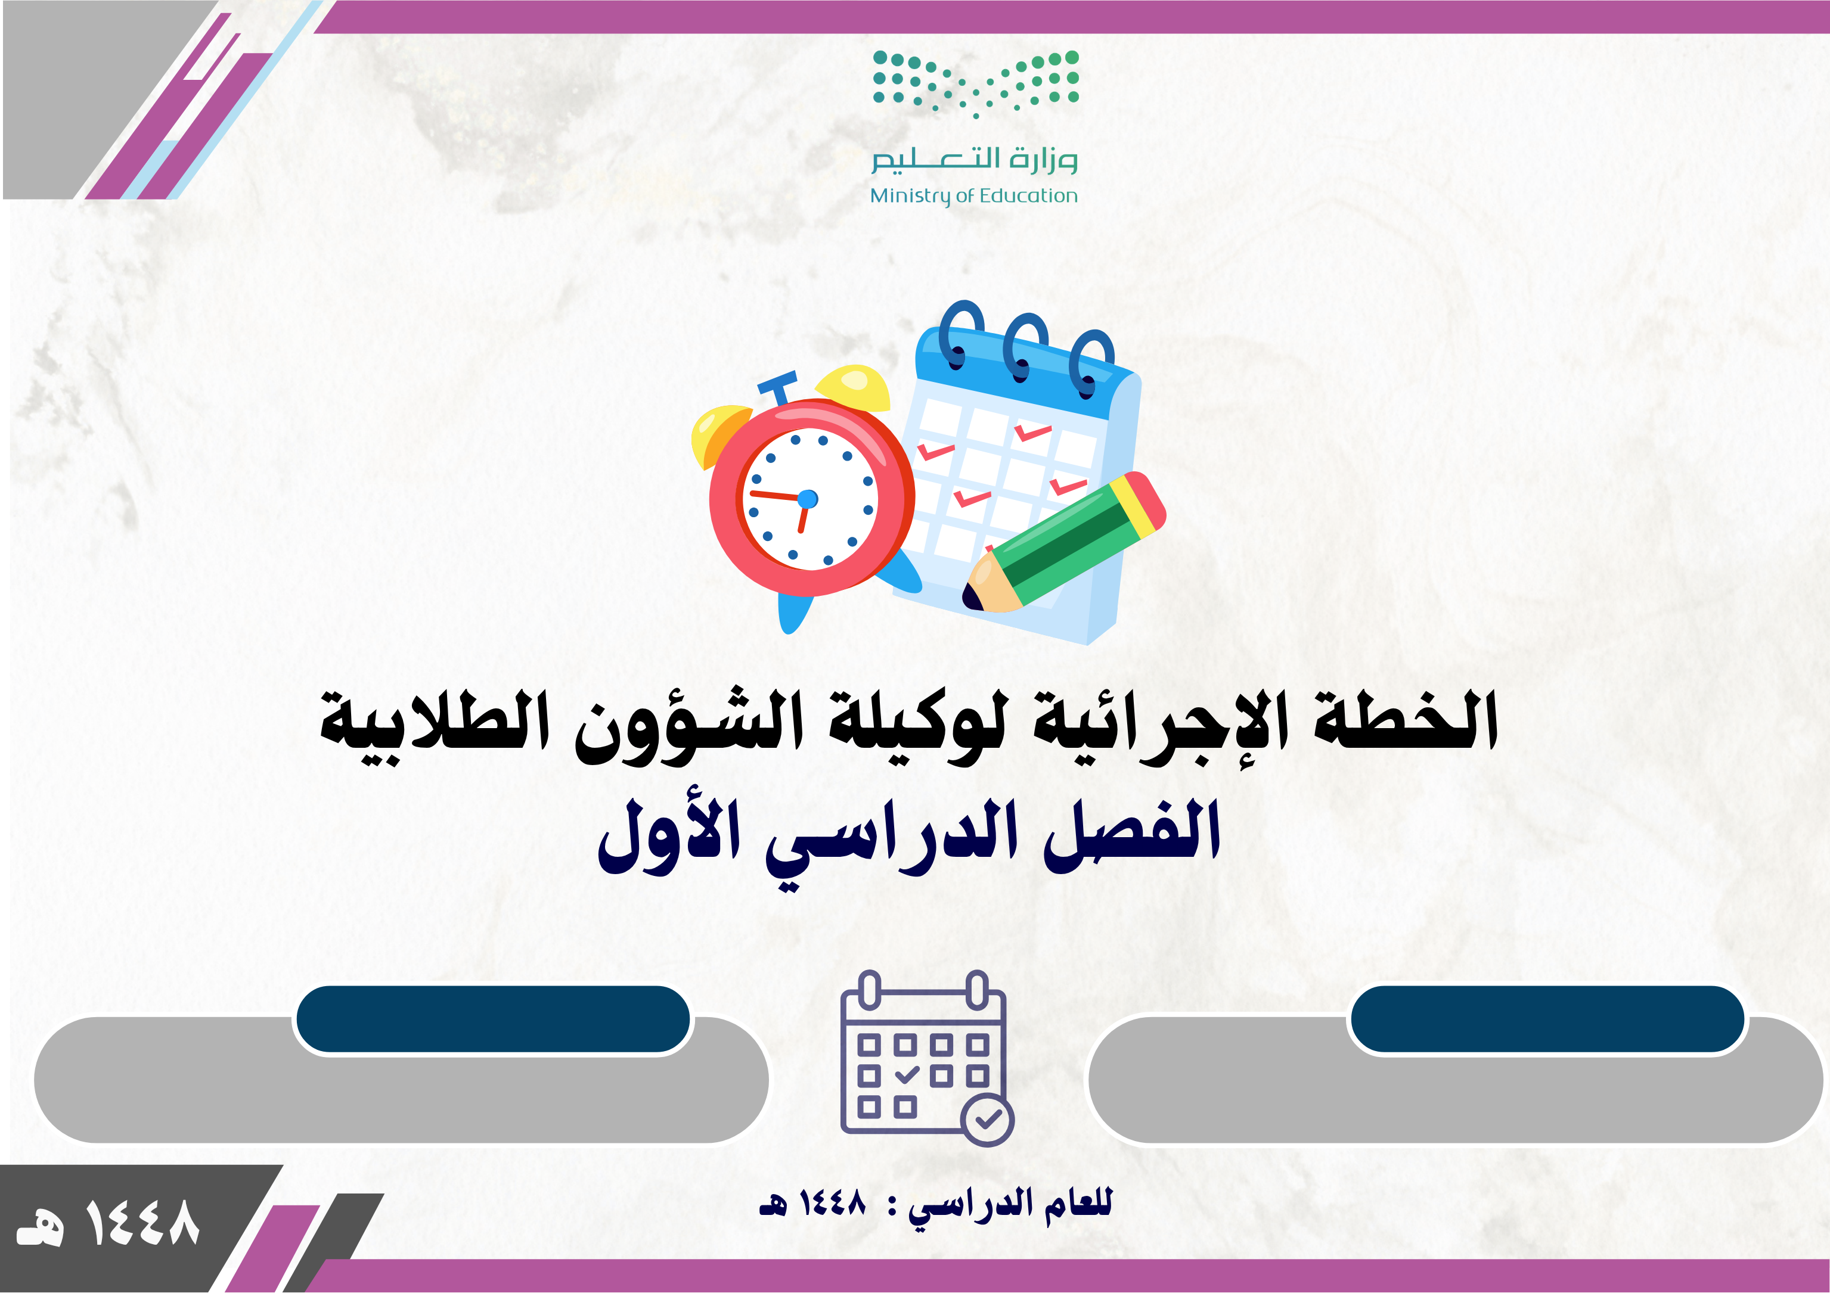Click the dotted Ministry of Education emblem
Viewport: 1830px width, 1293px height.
[x=976, y=83]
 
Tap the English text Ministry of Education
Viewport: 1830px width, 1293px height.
[x=973, y=196]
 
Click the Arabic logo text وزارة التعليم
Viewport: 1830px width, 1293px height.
[x=974, y=158]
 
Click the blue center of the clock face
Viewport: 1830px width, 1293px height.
[x=807, y=499]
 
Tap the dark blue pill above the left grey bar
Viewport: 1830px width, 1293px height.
[x=492, y=1019]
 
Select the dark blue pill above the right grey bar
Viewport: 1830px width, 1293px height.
[x=1547, y=1019]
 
